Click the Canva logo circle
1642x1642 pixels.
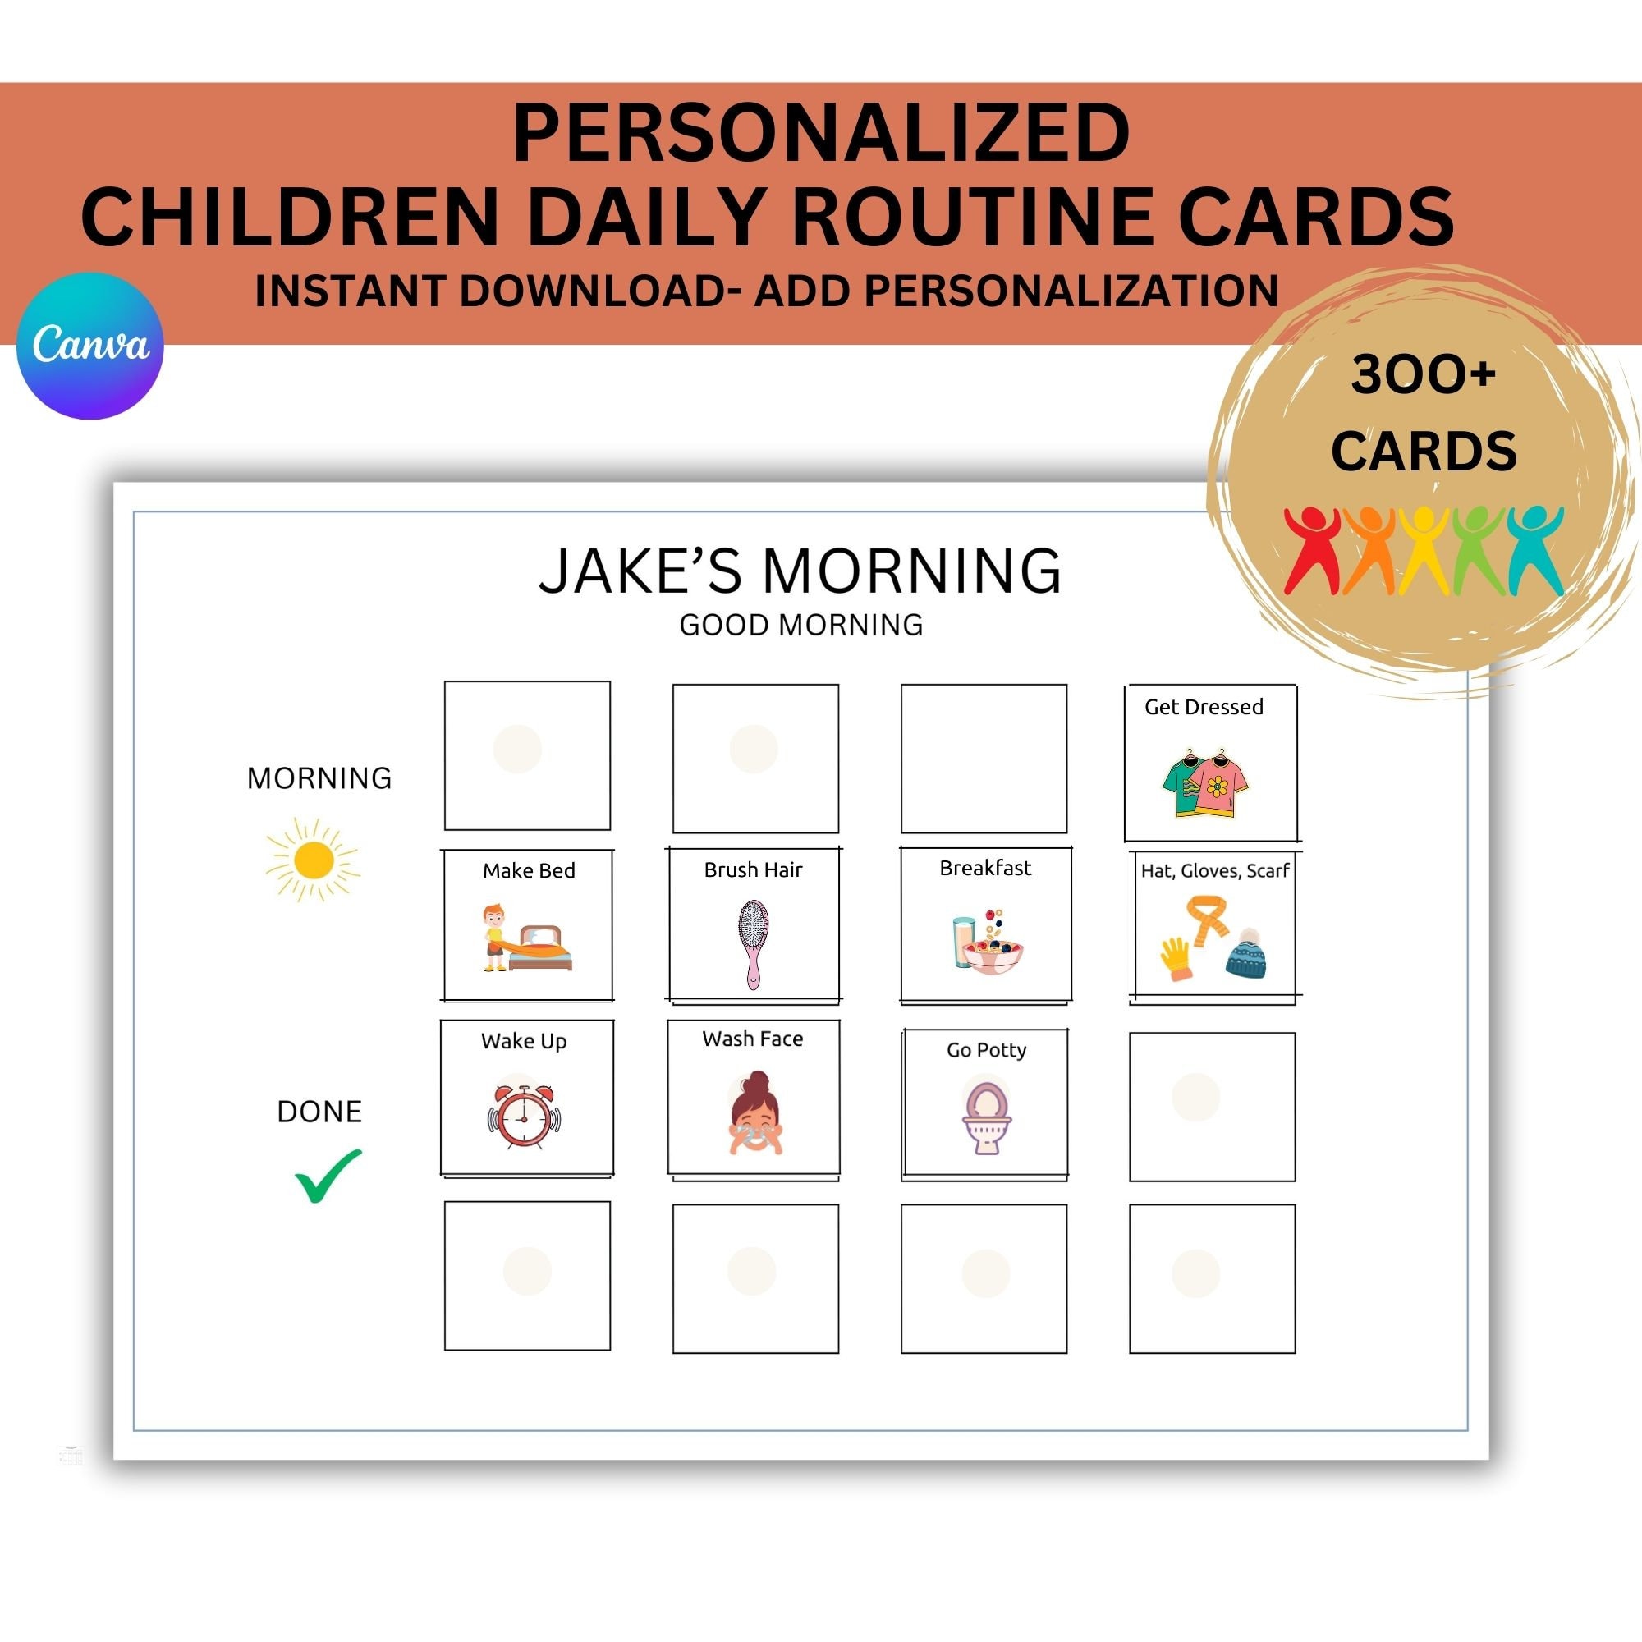(x=90, y=345)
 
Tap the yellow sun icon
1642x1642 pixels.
(x=312, y=860)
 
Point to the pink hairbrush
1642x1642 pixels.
(x=752, y=943)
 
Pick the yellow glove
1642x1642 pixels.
(x=1176, y=959)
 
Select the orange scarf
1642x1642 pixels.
(x=1208, y=920)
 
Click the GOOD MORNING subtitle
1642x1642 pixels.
(x=800, y=626)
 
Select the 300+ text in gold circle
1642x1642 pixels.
(x=1424, y=374)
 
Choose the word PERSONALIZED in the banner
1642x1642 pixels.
(x=821, y=134)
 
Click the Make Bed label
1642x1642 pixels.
(x=529, y=871)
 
